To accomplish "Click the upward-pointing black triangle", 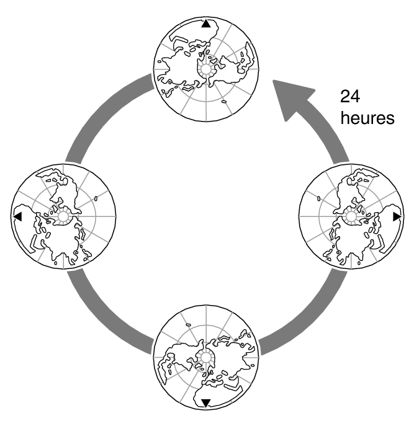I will (206, 24).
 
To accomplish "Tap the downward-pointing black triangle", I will (205, 403).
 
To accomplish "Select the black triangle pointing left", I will (17, 216).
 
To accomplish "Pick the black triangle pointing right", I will (397, 216).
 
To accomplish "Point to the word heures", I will (367, 118).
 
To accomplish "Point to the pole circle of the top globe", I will (205, 68).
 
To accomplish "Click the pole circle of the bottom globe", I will (205, 357).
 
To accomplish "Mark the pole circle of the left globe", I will (63, 216).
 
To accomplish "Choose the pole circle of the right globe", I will (351, 216).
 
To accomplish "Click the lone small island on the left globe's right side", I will (97, 199).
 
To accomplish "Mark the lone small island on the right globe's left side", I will (317, 200).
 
